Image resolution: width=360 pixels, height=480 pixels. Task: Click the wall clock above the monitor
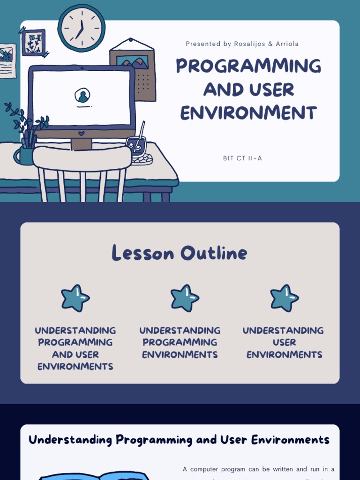(82, 28)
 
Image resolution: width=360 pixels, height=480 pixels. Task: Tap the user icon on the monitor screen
(82, 96)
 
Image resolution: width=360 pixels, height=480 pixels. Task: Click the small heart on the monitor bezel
(81, 133)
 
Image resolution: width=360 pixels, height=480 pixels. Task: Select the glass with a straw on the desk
(136, 146)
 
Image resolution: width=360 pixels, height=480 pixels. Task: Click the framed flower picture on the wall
(33, 42)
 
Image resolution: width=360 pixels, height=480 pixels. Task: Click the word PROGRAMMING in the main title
(248, 66)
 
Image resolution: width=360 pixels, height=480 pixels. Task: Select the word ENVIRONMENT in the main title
(248, 113)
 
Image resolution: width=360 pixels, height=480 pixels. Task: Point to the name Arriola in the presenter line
(287, 44)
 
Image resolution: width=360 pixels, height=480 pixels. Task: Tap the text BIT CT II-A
(242, 158)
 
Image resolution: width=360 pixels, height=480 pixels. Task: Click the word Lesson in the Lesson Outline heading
(143, 253)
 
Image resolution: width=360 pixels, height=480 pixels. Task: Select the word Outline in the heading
(214, 253)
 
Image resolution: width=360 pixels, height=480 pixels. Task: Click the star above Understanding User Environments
(284, 298)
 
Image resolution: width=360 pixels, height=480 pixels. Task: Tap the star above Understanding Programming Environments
(184, 298)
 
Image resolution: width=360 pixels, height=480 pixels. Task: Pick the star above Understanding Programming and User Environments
(75, 298)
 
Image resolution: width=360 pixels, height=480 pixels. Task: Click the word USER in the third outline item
(284, 343)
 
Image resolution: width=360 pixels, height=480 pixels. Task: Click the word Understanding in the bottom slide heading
(70, 440)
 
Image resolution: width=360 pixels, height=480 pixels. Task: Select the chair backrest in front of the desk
(82, 158)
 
